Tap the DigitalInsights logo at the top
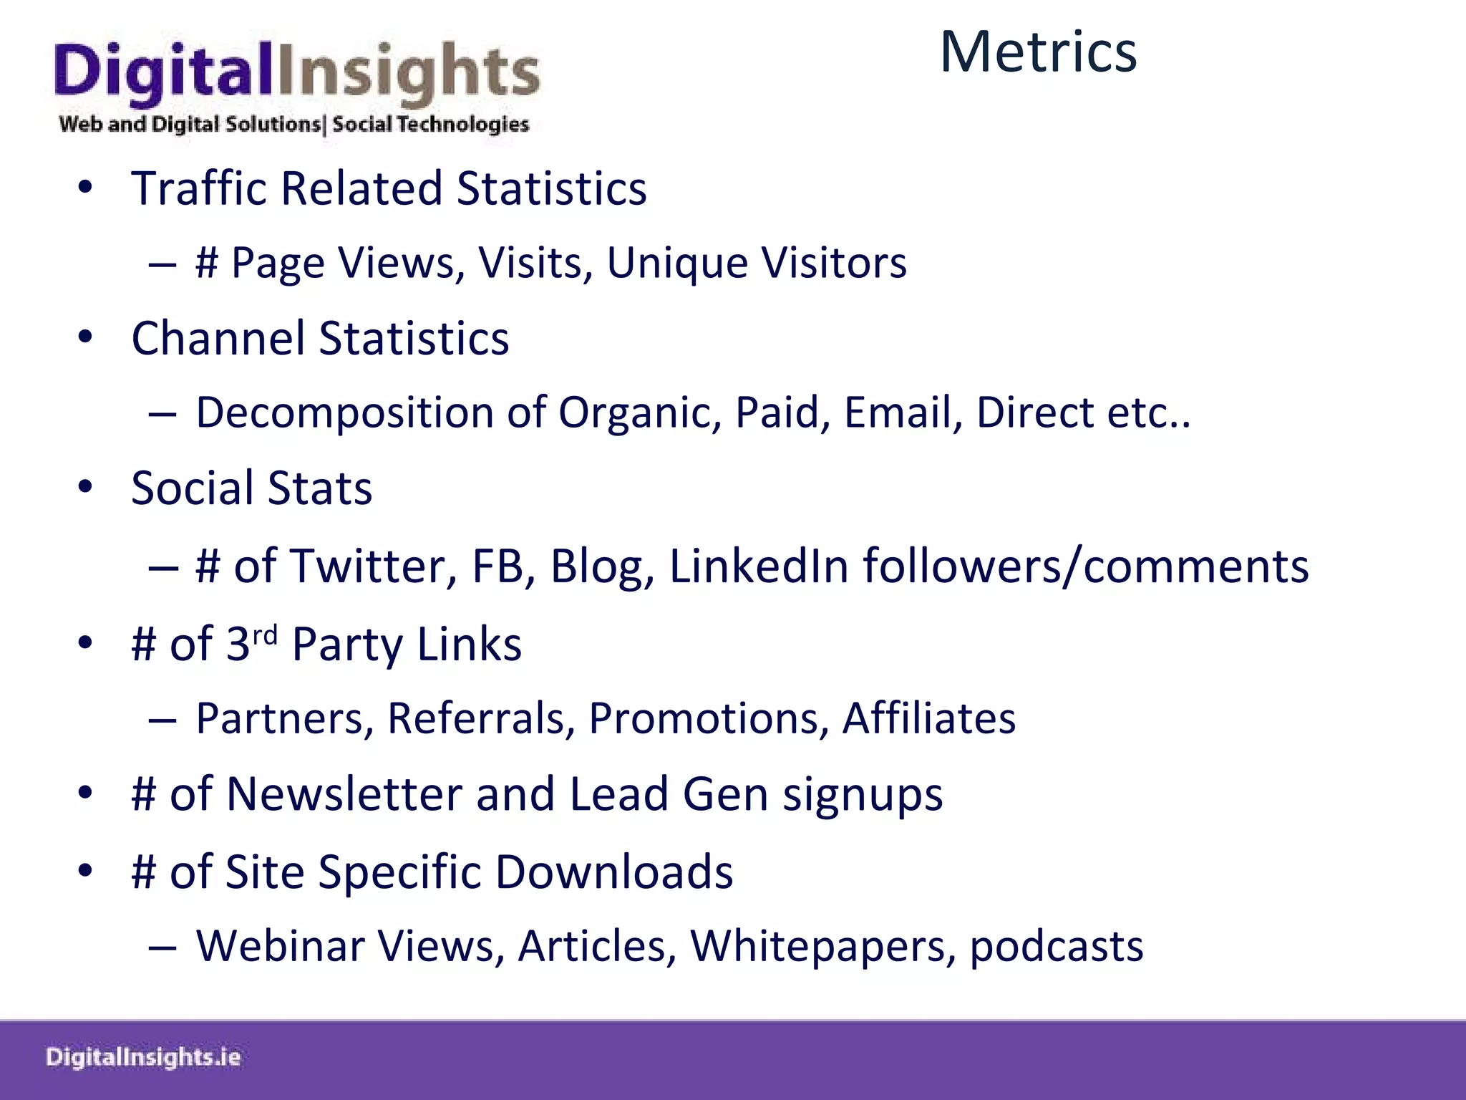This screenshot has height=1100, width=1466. pyautogui.click(x=296, y=86)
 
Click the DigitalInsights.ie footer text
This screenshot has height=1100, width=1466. pyautogui.click(x=143, y=1058)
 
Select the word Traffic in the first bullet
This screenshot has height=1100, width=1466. pyautogui.click(x=200, y=188)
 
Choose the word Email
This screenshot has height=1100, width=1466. pyautogui.click(x=903, y=413)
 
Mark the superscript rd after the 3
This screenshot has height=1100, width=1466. pyautogui.click(x=265, y=635)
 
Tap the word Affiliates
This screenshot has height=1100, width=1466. pyautogui.click(x=929, y=718)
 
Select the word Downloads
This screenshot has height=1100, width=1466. pyautogui.click(x=614, y=872)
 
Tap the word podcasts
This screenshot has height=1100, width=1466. pyautogui.click(x=1057, y=947)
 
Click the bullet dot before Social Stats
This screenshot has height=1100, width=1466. pyautogui.click(x=86, y=487)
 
